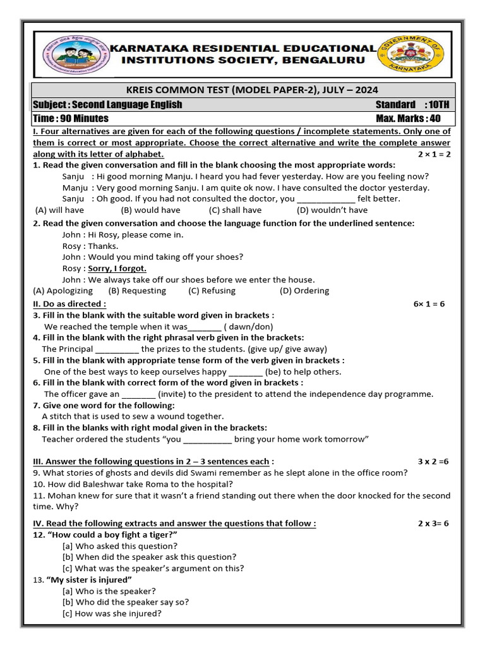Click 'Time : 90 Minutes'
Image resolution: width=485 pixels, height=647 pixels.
coord(71,118)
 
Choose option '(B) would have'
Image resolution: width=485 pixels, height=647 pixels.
coord(150,210)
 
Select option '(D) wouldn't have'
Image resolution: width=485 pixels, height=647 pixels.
coord(332,210)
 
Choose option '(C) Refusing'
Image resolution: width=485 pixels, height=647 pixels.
coord(212,291)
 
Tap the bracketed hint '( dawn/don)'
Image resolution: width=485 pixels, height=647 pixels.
coord(248,327)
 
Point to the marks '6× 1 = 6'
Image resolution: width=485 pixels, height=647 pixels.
coord(429,304)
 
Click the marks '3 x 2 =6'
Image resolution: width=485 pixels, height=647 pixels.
coord(433,461)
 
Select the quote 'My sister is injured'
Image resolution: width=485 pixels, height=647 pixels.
coord(89,579)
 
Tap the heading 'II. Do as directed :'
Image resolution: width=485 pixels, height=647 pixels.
coord(69,304)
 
